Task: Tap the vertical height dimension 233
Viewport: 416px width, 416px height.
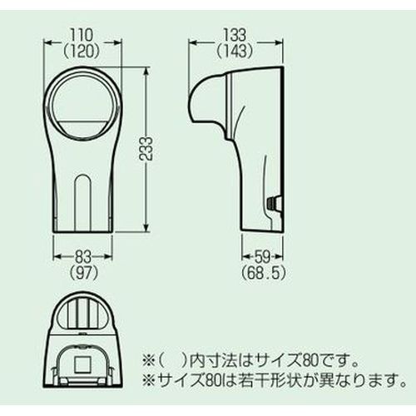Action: pyautogui.click(x=146, y=148)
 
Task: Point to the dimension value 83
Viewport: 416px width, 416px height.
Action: pyautogui.click(x=83, y=257)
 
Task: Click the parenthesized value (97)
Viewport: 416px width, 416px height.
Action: pyautogui.click(x=83, y=274)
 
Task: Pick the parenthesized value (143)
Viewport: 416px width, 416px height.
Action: pyautogui.click(x=235, y=52)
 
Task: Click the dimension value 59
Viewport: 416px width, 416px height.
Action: pyautogui.click(x=262, y=257)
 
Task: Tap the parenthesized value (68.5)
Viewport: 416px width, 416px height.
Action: pyautogui.click(x=263, y=274)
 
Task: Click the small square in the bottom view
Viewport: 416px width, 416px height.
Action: pyautogui.click(x=83, y=364)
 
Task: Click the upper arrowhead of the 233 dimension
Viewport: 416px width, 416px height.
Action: pyautogui.click(x=146, y=71)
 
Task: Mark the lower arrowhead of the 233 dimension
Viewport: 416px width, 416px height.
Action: pyautogui.click(x=146, y=227)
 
